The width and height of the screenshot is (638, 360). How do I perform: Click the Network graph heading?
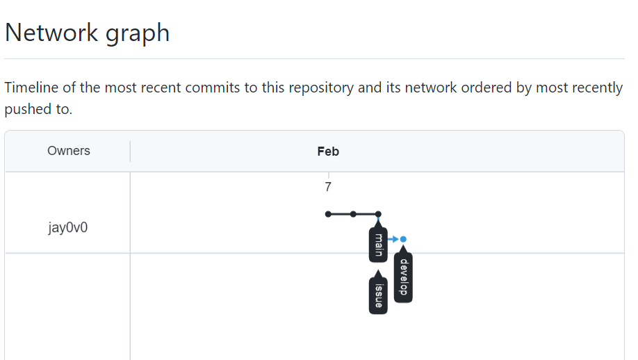[88, 33]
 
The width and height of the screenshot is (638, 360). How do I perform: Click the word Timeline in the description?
[33, 88]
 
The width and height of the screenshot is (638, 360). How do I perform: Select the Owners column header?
[68, 151]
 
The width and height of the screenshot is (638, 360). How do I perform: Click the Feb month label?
[328, 152]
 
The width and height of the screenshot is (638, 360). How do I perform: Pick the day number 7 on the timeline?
[328, 187]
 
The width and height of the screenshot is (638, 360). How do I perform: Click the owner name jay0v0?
[68, 227]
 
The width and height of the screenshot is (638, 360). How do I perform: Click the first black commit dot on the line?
[328, 214]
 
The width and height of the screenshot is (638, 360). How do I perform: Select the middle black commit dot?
[353, 214]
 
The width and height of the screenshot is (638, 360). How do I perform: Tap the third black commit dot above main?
[378, 214]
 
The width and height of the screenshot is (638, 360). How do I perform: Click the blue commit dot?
[403, 239]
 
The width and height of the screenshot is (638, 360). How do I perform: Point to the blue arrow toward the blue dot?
[393, 239]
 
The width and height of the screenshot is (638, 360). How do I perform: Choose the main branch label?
[378, 244]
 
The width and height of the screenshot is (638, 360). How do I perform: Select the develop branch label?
[403, 279]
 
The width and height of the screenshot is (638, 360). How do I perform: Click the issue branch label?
[378, 295]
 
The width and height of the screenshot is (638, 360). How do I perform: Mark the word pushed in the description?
[21, 110]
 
